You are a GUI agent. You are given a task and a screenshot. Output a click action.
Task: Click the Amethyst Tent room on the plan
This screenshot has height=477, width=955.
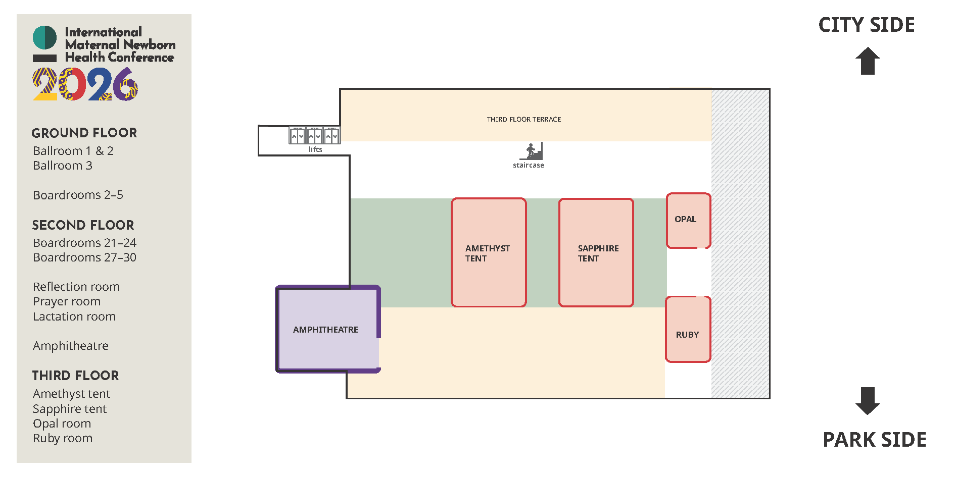coord(489,252)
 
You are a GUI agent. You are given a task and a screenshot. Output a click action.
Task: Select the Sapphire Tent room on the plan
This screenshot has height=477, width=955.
coord(596,252)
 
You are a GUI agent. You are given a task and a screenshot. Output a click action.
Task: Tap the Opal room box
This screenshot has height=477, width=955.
coord(688,220)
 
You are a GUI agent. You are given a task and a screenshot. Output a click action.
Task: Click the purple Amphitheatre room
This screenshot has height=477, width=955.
coord(327,329)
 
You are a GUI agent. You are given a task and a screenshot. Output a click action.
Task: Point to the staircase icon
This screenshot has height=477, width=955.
coord(532,151)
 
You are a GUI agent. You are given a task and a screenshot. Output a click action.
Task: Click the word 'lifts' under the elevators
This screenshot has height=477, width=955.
coord(315,149)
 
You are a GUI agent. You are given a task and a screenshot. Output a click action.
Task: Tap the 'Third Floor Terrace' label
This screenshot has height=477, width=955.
coord(523,120)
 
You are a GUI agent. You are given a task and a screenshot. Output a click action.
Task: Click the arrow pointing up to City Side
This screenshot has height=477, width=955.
coord(868,61)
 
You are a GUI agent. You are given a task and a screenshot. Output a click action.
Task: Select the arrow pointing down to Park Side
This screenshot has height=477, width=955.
coord(868,401)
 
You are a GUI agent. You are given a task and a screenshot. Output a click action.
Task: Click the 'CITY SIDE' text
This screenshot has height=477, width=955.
coord(867,25)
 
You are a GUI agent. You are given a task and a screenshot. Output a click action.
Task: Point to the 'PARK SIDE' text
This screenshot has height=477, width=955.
coord(875,440)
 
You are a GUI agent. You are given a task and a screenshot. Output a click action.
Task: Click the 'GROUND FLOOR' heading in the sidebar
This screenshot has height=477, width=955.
coord(84,133)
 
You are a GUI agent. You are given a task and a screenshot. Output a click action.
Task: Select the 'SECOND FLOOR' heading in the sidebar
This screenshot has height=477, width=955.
coord(83,225)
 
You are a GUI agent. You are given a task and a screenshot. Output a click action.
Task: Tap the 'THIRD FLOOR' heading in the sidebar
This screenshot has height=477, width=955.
coord(75,376)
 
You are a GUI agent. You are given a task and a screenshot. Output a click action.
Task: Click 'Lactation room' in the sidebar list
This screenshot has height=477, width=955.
coord(74,316)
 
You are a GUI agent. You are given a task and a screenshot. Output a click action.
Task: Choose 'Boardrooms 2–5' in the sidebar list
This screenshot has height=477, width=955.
coord(78,195)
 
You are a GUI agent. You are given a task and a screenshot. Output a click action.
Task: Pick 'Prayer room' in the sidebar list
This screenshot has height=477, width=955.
coord(67,301)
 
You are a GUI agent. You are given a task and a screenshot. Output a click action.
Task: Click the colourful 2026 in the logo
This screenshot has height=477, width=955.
coord(85,84)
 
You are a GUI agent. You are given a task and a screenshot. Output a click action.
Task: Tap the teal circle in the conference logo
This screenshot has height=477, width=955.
coord(44,37)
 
